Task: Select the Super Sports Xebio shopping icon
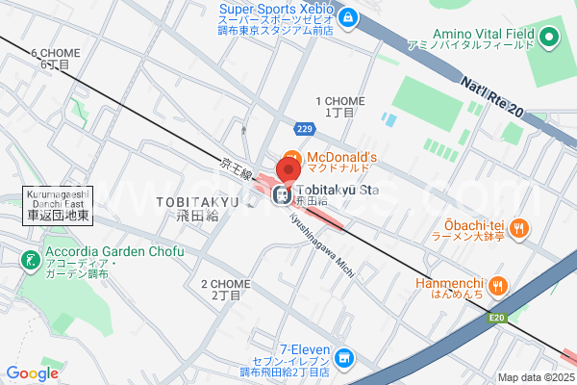point(347,16)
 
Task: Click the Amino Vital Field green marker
point(549,38)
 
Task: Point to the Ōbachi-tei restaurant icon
point(519,228)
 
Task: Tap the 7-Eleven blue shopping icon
point(344,360)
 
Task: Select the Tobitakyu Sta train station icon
point(281,195)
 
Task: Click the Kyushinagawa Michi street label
point(319,242)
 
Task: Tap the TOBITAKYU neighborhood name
point(195,202)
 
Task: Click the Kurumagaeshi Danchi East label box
point(58,206)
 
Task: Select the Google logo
point(33,372)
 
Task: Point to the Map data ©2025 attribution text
point(535,377)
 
